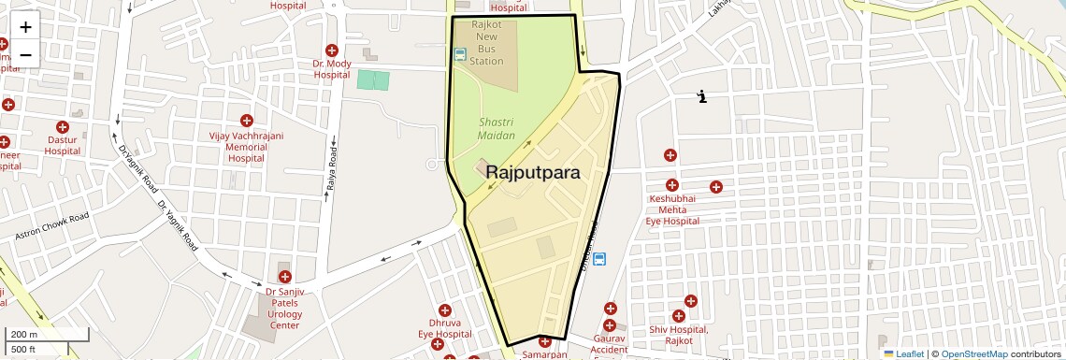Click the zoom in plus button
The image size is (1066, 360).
coord(25,27)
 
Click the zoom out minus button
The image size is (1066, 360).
coord(25,54)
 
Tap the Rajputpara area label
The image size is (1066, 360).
coord(532,173)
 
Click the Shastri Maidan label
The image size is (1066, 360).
coord(497,129)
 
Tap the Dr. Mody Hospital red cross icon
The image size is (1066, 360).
coord(331,50)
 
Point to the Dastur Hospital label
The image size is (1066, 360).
coord(63,145)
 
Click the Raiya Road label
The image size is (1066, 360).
coord(331,166)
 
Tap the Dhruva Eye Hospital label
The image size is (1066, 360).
coord(444,328)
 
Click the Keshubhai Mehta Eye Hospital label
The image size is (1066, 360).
coord(673,210)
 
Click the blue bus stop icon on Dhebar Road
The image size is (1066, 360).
coord(599,259)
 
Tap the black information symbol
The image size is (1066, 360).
coord(702,95)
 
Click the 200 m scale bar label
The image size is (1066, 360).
coord(23,335)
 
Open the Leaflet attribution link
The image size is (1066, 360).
coord(908,354)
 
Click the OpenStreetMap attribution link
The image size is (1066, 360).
coord(973,354)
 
